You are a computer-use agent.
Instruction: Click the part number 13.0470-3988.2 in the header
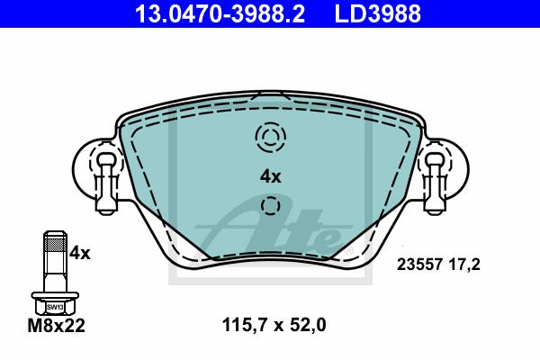220,13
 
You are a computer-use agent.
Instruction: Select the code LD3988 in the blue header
378,13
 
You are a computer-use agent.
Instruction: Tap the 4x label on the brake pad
270,177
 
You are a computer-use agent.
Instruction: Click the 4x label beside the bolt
79,254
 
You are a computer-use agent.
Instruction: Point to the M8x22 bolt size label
56,326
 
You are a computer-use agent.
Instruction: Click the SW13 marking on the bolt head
55,307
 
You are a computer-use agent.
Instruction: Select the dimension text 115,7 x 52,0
274,325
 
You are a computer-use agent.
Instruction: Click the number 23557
419,265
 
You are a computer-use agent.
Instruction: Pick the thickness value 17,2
464,265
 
